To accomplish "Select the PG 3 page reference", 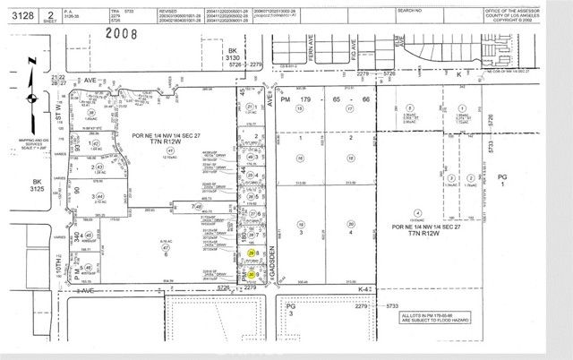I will pyautogui.click(x=289, y=308).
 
